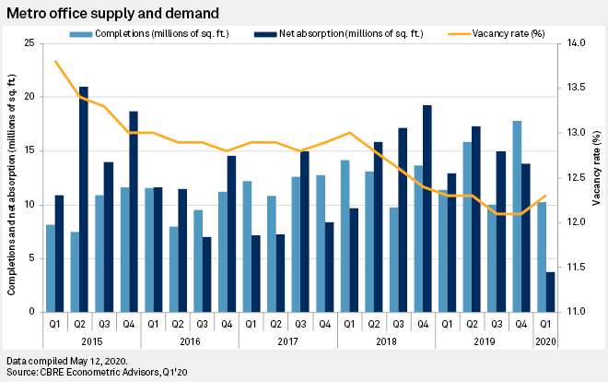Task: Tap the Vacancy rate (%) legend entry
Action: tap(508, 33)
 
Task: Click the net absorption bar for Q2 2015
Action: tap(83, 199)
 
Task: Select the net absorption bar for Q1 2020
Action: tap(550, 292)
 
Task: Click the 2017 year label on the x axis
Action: tap(286, 340)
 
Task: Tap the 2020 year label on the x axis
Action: tap(544, 340)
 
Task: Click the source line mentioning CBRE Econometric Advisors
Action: tap(97, 372)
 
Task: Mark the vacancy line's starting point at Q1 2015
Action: tap(55, 62)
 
